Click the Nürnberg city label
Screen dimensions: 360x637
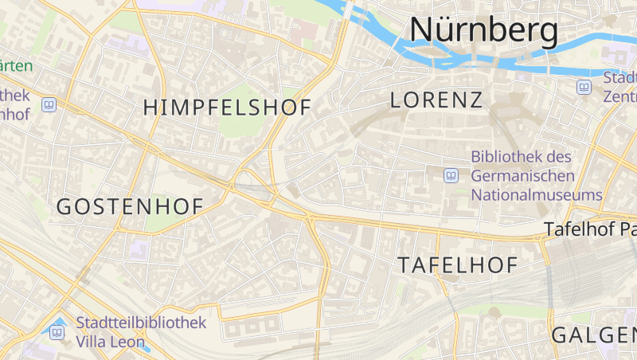tap(483, 29)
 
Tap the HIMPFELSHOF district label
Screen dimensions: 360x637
tap(227, 108)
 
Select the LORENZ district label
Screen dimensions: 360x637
tap(437, 100)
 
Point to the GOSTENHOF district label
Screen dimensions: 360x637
tap(130, 206)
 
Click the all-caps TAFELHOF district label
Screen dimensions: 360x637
tap(458, 265)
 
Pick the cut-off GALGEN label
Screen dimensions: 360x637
tap(593, 335)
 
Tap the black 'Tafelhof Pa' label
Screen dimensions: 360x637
tap(589, 229)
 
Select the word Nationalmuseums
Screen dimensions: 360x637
tap(537, 194)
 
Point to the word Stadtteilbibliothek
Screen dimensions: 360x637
tap(141, 323)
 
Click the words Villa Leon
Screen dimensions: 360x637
tap(111, 342)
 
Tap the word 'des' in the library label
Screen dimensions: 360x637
tap(560, 157)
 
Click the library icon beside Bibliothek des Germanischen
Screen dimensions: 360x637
tap(451, 175)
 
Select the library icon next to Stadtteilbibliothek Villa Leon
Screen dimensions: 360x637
tap(57, 332)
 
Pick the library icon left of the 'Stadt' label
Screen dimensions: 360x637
tap(584, 87)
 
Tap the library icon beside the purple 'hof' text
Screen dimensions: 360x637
tap(49, 104)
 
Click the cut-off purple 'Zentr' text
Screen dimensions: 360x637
tap(620, 96)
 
